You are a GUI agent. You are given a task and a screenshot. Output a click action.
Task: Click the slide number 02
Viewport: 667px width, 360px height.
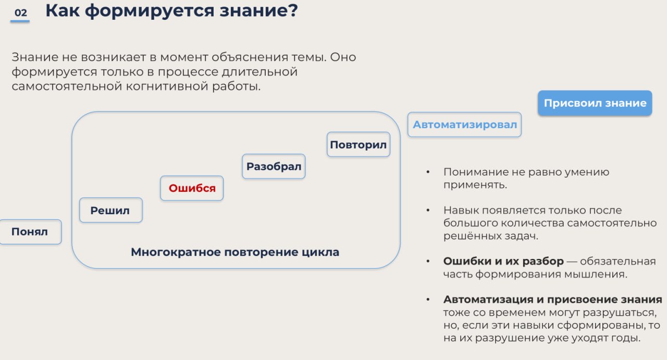tap(20, 13)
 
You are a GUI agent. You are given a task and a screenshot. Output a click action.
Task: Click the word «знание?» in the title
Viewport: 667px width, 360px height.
tap(259, 11)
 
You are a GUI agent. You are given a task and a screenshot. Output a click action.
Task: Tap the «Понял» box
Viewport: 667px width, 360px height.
tap(30, 232)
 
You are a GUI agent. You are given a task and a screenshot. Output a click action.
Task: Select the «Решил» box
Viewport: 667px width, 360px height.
tap(111, 210)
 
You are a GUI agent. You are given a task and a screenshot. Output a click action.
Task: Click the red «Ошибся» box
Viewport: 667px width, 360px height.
tap(192, 188)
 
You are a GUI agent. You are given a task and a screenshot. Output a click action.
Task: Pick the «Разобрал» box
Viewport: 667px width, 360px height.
tap(274, 166)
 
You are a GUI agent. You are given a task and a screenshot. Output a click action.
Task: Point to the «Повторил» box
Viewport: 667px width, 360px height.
tap(358, 145)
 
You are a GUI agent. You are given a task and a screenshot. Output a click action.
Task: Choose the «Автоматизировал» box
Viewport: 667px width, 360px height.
tap(464, 125)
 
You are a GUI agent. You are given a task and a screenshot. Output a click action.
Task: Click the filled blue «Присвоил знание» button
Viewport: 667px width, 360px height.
tap(595, 103)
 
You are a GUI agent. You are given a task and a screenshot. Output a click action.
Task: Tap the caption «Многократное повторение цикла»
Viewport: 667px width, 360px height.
tap(235, 252)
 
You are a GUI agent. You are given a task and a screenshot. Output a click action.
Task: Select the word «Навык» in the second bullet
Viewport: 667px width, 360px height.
tap(461, 210)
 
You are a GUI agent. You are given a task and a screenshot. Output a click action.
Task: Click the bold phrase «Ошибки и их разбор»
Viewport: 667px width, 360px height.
tap(503, 261)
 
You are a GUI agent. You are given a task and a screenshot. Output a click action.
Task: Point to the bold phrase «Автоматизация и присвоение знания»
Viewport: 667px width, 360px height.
tap(553, 300)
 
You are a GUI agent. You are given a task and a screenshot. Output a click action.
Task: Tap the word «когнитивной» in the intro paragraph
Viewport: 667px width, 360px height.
tap(167, 86)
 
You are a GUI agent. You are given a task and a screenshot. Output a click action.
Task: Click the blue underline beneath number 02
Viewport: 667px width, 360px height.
tap(20, 21)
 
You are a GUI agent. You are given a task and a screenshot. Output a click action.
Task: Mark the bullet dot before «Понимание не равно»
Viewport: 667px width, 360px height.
tap(428, 172)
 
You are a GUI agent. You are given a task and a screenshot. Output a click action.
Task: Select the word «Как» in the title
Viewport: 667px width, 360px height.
tap(63, 11)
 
